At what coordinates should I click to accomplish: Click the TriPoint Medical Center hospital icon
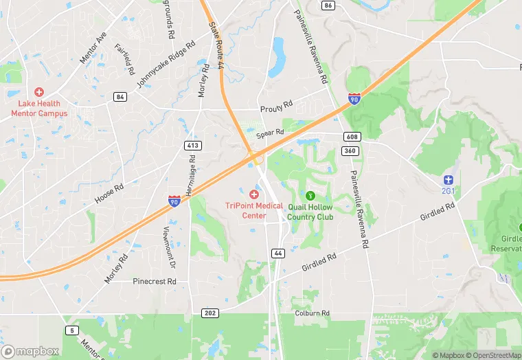point(253,195)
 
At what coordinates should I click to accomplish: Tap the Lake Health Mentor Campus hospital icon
point(39,92)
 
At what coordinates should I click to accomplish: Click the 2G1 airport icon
point(449,179)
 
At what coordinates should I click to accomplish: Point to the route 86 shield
point(328,5)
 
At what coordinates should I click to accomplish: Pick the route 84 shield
point(121,97)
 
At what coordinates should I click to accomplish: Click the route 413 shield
point(192,145)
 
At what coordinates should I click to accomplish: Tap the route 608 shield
point(350,137)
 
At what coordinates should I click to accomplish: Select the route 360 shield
point(350,150)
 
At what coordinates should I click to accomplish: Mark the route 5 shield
point(72,330)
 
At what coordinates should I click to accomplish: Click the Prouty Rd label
point(276,108)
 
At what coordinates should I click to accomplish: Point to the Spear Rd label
point(270,133)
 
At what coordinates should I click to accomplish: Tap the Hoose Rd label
point(109,194)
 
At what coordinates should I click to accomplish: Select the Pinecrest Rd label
point(155,282)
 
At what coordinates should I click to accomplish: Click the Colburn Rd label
point(313,313)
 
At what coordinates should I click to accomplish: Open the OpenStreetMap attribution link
point(492,355)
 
